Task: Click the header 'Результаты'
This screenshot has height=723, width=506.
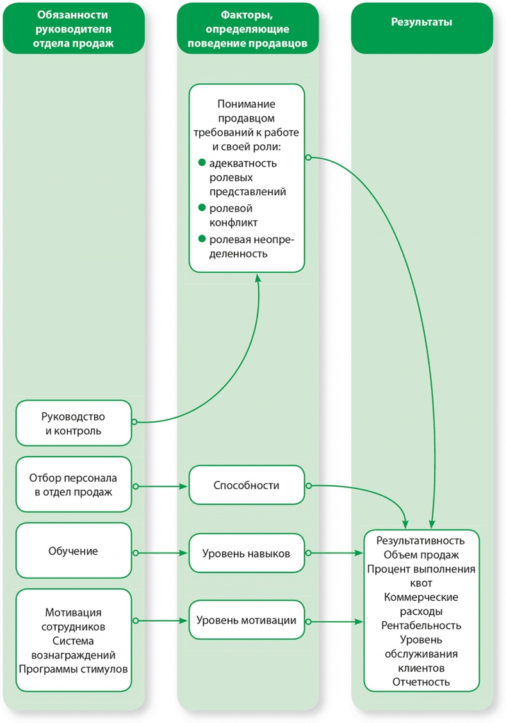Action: (421, 22)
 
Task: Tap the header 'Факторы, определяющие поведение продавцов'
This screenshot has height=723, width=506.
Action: (247, 29)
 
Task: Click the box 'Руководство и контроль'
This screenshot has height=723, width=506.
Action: (74, 423)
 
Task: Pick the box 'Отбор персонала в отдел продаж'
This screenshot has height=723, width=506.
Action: (74, 484)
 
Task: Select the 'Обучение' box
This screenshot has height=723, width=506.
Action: (74, 551)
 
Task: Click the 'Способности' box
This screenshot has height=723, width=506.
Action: (247, 485)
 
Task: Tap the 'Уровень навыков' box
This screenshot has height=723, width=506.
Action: (247, 553)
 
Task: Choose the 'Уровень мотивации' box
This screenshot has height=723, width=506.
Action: (247, 620)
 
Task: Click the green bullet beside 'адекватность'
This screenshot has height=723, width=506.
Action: (201, 163)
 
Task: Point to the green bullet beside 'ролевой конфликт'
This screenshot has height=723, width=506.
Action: (201, 207)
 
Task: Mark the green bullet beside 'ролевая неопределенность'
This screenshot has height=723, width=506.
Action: (201, 239)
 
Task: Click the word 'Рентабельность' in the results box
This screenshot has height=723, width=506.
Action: (421, 625)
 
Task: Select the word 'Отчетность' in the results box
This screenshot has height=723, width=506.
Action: (421, 681)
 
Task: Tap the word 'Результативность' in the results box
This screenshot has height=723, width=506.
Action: (421, 540)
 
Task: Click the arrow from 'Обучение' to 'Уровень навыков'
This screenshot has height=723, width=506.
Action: (160, 553)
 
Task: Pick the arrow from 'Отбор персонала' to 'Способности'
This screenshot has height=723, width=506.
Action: (160, 486)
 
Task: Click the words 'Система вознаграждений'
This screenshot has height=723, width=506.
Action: (74, 648)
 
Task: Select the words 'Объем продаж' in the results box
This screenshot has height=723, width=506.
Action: (421, 555)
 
